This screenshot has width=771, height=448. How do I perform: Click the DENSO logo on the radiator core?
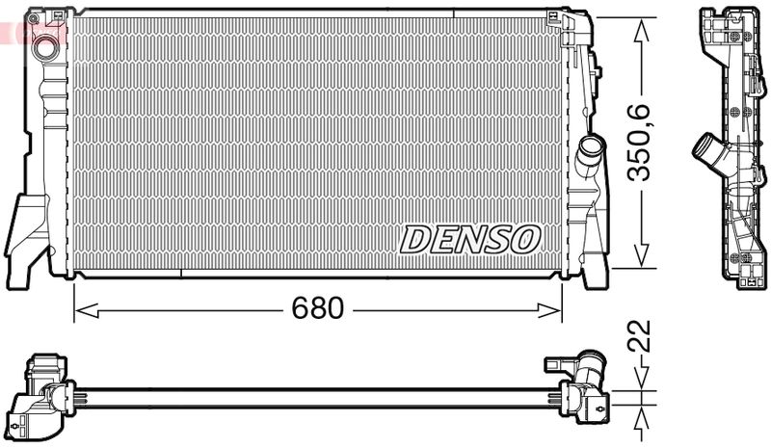pos(470,238)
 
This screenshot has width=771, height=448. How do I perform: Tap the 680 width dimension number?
pos(317,308)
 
